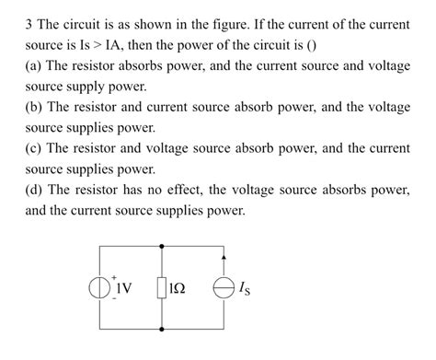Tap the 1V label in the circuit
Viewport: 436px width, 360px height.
123,288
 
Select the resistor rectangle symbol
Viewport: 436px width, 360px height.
163,289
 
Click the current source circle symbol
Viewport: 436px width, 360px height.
224,289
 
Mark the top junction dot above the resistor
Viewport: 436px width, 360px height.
163,247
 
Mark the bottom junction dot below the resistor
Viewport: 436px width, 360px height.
163,330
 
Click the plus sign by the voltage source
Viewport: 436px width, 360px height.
115,276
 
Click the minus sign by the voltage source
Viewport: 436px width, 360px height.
115,299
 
